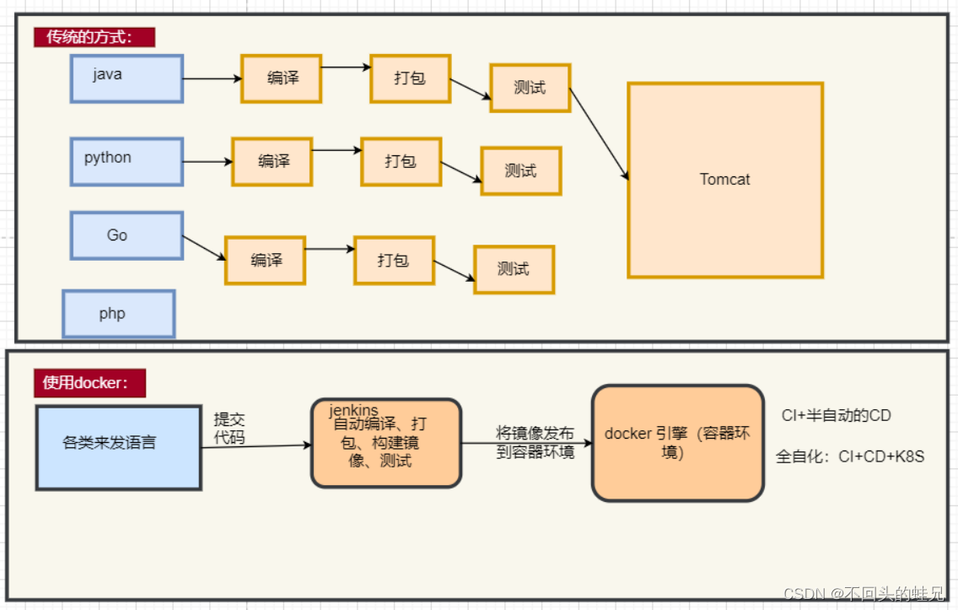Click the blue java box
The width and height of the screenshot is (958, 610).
126,78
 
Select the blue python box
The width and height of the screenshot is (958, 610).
126,162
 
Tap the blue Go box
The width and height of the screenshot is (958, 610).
126,235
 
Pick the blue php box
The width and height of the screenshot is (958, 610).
118,314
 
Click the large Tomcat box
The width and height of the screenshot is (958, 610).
724,180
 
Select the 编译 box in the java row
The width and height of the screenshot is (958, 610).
281,78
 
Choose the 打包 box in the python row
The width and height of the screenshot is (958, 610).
401,161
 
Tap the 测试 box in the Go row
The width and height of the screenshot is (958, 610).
514,269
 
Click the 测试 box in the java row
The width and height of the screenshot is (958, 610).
530,88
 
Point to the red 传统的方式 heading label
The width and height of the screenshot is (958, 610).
94,37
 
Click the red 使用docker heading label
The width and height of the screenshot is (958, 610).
89,382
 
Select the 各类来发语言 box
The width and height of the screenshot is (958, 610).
118,447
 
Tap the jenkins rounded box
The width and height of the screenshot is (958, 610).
386,443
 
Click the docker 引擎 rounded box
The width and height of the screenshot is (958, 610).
677,443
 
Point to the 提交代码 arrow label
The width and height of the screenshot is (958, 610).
229,428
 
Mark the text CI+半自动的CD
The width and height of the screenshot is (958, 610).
837,415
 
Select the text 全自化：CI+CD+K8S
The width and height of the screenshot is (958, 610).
850,456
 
